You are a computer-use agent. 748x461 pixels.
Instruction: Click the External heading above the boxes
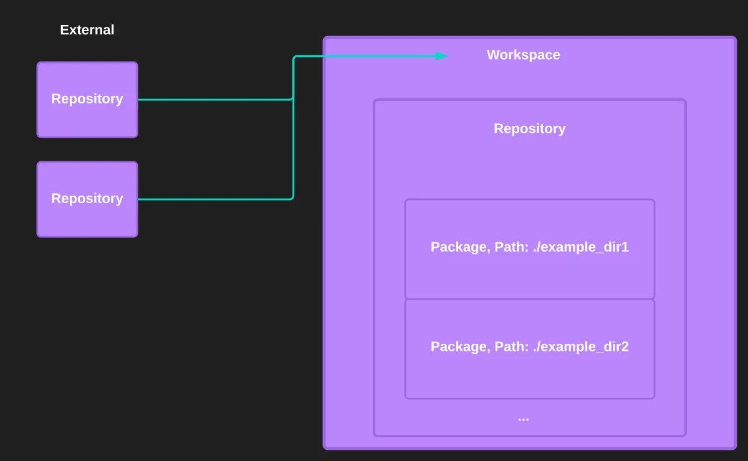coord(87,30)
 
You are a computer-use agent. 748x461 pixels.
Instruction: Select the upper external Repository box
coord(87,99)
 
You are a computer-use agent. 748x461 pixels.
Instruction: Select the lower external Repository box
coord(87,199)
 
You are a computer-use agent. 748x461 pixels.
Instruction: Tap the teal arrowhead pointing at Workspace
coord(441,56)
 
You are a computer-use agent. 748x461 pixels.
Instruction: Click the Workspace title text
coord(523,55)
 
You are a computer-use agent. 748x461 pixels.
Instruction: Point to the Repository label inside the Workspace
coord(529,128)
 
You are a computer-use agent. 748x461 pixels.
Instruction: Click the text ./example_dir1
coord(580,247)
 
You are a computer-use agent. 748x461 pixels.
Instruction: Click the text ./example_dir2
coord(580,347)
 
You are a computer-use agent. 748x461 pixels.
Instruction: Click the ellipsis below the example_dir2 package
coord(523,418)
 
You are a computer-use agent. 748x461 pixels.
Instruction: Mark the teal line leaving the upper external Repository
coord(212,99)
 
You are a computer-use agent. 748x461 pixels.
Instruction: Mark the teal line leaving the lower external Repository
coord(212,199)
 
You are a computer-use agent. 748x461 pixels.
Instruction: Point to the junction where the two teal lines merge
coord(293,98)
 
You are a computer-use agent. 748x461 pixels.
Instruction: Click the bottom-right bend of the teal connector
coord(292,198)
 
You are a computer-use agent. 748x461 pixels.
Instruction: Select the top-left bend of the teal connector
coord(294,57)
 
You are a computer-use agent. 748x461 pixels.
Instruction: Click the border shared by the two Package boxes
coord(529,299)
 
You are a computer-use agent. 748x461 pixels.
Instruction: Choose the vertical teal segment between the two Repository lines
coord(293,150)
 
